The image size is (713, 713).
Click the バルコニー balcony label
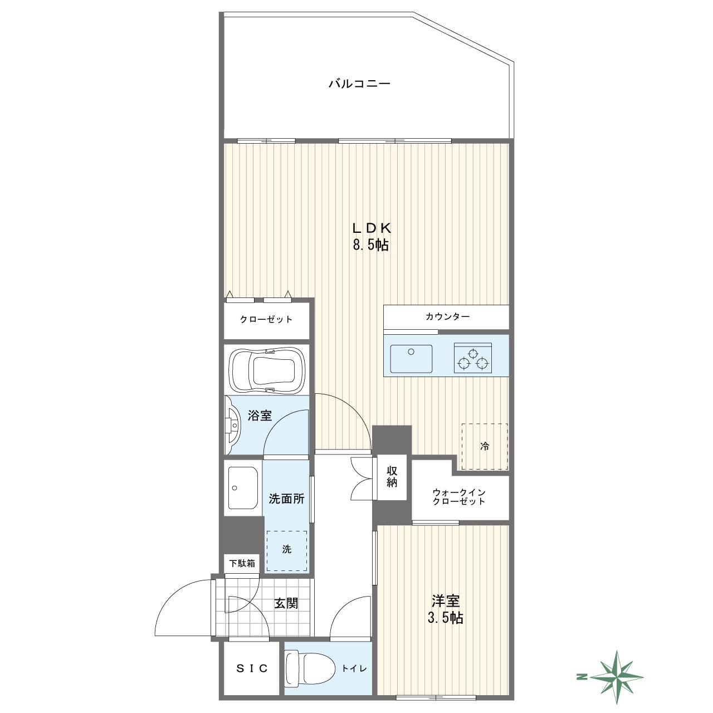point(360,84)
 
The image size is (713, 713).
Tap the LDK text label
point(371,228)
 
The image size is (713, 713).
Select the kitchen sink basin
point(411,359)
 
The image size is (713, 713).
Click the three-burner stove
point(473,358)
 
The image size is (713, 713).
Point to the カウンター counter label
point(447,316)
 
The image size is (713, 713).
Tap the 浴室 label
point(260,416)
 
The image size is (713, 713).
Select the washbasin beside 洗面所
point(243,487)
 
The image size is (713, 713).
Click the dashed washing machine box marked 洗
point(287,551)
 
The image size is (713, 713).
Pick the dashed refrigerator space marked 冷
point(484,447)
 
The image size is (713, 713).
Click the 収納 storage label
point(392,477)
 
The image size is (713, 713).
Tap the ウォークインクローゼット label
point(459,497)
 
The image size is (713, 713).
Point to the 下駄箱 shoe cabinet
point(242,563)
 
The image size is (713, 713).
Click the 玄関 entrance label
point(286,603)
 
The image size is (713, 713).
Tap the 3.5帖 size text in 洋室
point(446,618)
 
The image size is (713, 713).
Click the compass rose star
point(617,677)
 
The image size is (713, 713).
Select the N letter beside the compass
point(582,677)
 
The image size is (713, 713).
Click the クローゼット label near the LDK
point(266,319)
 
